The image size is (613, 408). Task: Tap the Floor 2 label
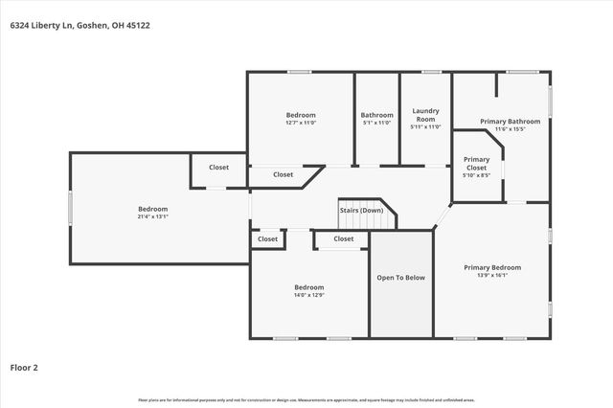click(x=24, y=367)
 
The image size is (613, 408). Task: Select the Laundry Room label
click(x=424, y=114)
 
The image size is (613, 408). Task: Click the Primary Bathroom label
click(x=510, y=122)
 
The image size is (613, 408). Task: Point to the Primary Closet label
click(x=476, y=163)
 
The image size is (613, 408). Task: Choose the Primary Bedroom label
click(x=491, y=267)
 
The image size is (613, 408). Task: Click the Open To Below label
click(x=401, y=278)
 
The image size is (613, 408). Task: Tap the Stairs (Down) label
click(x=360, y=210)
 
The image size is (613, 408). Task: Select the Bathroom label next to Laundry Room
click(x=376, y=115)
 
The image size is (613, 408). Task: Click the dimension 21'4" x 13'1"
click(x=152, y=216)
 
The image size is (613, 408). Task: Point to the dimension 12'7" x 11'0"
click(x=301, y=123)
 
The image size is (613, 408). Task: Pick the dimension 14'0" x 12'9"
click(x=308, y=295)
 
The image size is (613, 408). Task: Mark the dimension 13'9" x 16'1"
click(x=491, y=276)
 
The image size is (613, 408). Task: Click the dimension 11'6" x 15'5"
click(x=510, y=129)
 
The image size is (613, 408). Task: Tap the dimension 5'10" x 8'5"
click(x=476, y=175)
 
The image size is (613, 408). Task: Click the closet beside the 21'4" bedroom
click(x=218, y=168)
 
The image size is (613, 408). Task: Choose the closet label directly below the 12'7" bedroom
click(x=283, y=174)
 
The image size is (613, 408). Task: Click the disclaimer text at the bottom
click(x=306, y=399)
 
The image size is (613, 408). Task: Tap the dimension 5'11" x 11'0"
click(x=424, y=127)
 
